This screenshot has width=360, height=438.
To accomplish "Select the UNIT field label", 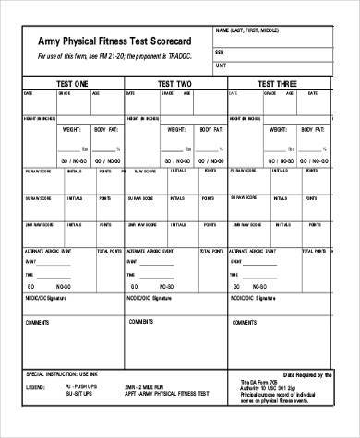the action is pyautogui.click(x=221, y=66).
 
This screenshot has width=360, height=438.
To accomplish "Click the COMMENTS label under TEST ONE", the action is pyautogui.click(x=38, y=322).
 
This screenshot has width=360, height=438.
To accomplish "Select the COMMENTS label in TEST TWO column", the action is pyautogui.click(x=141, y=322).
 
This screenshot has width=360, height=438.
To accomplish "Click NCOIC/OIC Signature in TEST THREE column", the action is pyautogui.click(x=253, y=299).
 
